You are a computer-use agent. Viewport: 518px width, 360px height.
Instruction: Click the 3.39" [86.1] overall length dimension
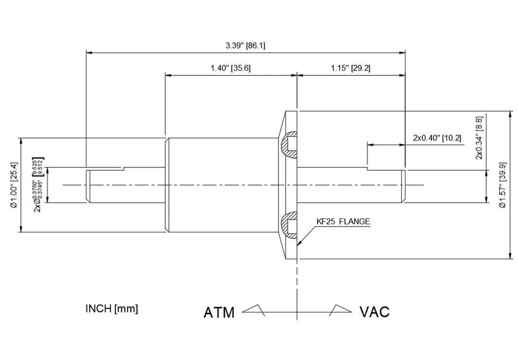(x=245, y=46)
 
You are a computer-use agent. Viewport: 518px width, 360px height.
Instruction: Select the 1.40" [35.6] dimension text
(x=231, y=68)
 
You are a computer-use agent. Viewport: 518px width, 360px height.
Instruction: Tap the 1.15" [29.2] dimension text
(x=350, y=68)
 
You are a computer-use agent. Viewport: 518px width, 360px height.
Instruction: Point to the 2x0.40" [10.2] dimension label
(x=437, y=138)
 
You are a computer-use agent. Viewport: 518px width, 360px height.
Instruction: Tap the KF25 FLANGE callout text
(x=343, y=222)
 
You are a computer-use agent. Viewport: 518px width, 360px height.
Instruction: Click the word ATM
(x=219, y=312)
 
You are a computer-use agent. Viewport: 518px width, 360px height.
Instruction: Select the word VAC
(x=375, y=311)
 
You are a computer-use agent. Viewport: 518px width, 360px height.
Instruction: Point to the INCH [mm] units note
(x=111, y=309)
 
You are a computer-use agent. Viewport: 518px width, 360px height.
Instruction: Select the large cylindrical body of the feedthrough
(x=224, y=185)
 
